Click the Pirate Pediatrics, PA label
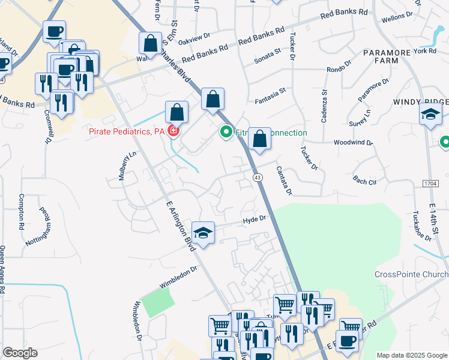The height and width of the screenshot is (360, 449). point(127,131)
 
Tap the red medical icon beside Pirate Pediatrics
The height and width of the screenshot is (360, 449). point(173,131)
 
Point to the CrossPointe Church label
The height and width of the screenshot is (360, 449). point(411,274)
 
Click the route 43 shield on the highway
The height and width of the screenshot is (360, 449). point(257,178)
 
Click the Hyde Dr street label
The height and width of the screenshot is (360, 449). point(254,221)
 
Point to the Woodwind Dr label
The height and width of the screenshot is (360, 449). point(354,143)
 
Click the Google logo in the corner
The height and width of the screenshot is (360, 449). point(20,353)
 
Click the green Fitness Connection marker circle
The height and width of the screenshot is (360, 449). point(226,131)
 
